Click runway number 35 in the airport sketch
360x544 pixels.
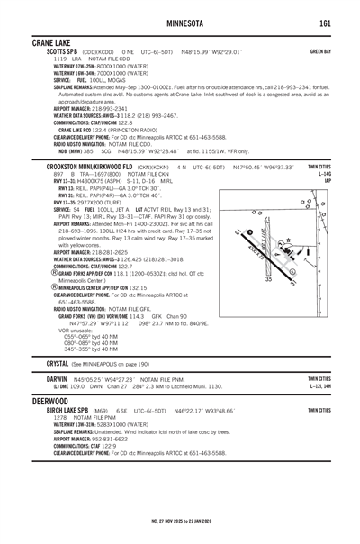[x=267, y=280]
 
